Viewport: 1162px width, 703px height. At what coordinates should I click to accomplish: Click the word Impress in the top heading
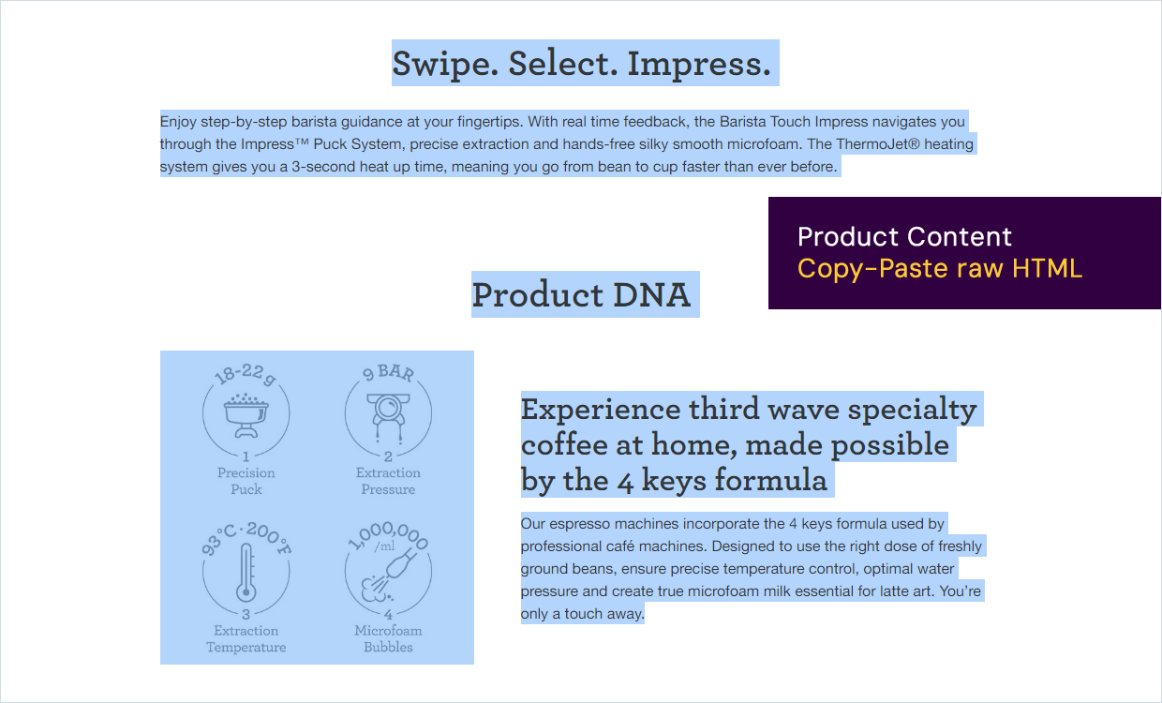[699, 65]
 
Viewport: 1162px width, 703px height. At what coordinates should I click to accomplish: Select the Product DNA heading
[581, 294]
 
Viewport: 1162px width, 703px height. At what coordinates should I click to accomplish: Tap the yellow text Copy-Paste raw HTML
[940, 269]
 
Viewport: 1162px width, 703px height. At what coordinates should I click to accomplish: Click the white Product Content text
[904, 236]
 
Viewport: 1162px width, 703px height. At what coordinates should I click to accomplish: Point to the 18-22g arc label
[246, 375]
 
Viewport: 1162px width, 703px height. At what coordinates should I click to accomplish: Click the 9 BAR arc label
[389, 372]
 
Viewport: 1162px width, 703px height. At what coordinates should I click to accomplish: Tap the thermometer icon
[246, 573]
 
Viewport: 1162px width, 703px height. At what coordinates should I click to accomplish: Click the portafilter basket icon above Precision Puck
[246, 415]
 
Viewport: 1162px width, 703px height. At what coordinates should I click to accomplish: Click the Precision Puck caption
[246, 481]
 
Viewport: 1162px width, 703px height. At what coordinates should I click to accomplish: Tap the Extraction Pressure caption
[388, 481]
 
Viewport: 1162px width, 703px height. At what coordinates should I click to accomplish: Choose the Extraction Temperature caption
[246, 638]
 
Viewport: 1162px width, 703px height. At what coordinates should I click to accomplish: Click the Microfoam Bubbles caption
[388, 638]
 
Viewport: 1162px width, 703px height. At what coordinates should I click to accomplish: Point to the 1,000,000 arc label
[389, 535]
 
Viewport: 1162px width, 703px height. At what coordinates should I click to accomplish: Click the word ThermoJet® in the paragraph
[878, 144]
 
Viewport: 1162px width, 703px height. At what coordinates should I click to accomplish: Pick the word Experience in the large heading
[600, 411]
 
